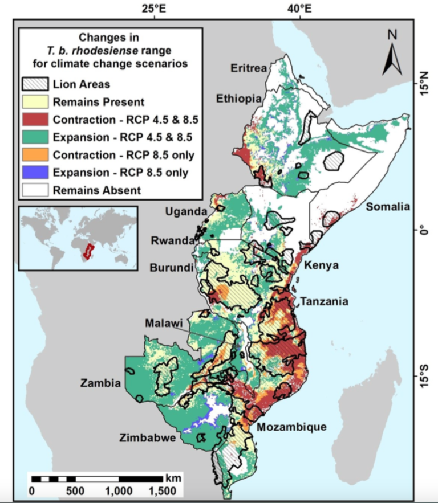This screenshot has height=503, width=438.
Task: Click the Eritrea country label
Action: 249,69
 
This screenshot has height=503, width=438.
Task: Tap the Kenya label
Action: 322,266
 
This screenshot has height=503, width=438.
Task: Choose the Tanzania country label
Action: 324,302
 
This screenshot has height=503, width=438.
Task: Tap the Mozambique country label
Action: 291,427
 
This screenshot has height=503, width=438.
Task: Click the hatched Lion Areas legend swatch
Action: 35,85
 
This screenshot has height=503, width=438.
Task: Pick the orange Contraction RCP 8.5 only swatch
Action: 35,155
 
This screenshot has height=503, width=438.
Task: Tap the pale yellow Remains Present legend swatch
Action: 35,103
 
